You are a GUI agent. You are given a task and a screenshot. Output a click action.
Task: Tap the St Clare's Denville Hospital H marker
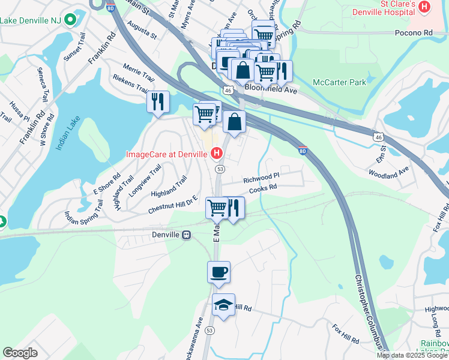tap(425, 7)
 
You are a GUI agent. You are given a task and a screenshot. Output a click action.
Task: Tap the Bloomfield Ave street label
tap(271, 89)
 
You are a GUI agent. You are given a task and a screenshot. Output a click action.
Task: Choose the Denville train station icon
tap(187, 235)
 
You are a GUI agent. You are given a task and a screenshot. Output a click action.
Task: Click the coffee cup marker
tap(219, 272)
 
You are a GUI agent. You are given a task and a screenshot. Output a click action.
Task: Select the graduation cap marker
tap(223, 305)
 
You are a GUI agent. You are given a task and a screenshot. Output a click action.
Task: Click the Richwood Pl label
tap(261, 179)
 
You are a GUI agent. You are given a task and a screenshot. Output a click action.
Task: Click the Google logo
tap(20, 353)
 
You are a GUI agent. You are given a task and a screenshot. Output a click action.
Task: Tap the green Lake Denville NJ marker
tap(70, 19)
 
